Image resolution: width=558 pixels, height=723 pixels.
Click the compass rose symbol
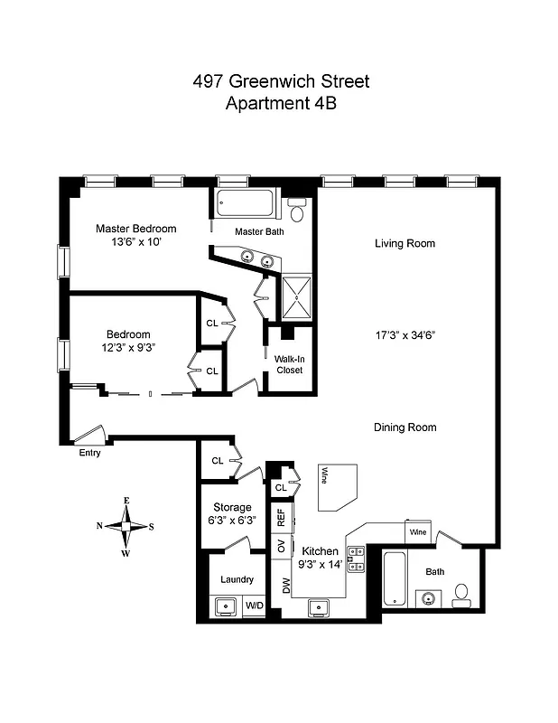pos(127,525)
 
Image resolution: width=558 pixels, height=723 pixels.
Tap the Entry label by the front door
pos(88,453)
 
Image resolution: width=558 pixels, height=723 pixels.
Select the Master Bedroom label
pos(136,229)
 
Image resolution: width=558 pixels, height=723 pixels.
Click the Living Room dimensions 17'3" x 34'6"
pos(405,335)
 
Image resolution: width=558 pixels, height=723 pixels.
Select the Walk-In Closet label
pos(289,364)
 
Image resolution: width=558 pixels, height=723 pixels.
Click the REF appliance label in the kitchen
pos(281,518)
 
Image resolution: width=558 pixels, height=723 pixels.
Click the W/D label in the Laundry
pos(255,606)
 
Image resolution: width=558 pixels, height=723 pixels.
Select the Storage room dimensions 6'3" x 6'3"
pos(232,519)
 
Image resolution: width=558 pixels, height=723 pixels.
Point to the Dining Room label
pos(405,427)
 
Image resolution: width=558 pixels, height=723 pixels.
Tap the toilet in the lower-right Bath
pos(461,593)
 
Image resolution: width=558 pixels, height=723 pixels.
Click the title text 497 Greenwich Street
pos(280,81)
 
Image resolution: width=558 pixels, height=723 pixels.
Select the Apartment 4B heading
pos(280,103)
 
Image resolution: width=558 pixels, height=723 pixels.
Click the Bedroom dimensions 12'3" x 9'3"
pos(127,347)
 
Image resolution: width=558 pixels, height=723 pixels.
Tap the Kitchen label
pos(320,550)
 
